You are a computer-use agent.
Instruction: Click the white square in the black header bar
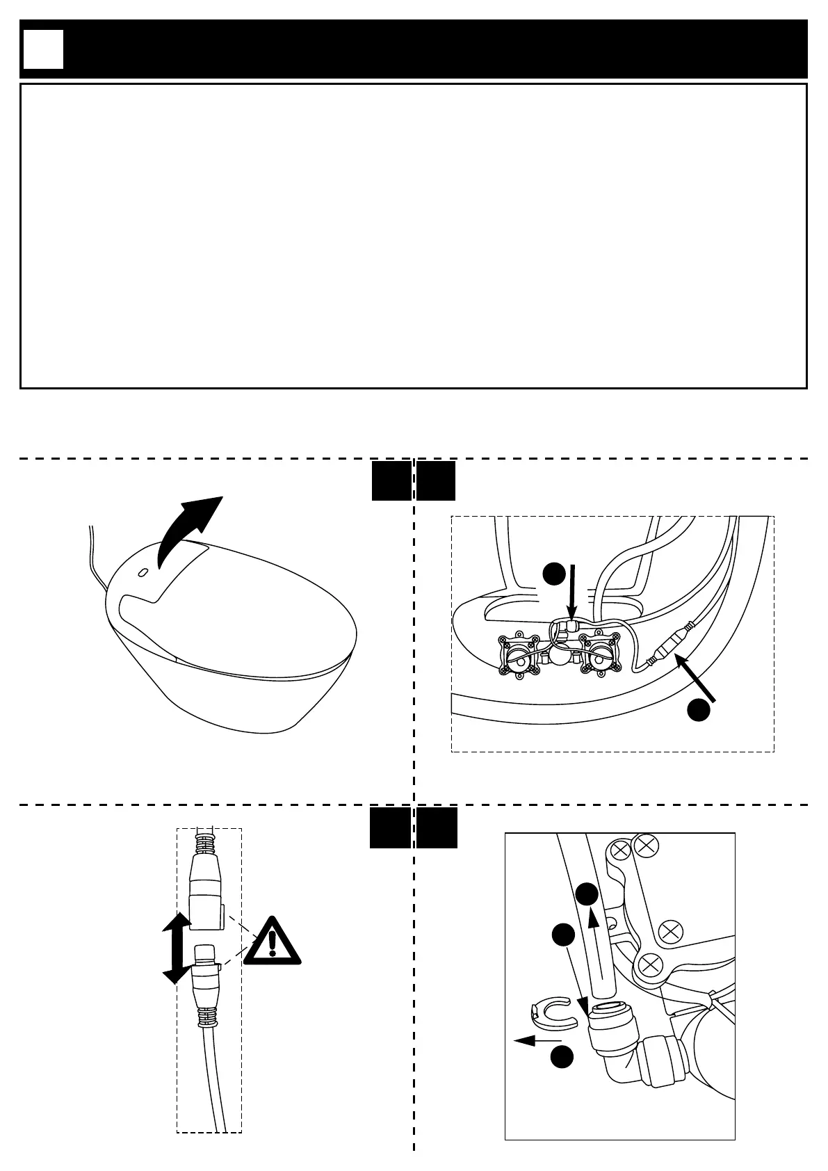(43, 49)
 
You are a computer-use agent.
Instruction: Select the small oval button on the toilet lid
(143, 572)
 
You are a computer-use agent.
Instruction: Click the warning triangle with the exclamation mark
(273, 941)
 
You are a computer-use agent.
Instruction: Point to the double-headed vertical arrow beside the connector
(177, 948)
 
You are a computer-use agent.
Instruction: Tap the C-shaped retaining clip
(553, 1012)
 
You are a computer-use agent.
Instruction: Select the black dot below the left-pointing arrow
(562, 1057)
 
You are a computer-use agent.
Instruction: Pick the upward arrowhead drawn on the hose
(592, 919)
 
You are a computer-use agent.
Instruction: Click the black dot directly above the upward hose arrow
(587, 894)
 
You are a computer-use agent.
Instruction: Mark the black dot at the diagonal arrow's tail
(699, 710)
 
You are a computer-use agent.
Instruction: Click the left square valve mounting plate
(519, 654)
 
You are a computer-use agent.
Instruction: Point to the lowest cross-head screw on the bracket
(649, 964)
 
